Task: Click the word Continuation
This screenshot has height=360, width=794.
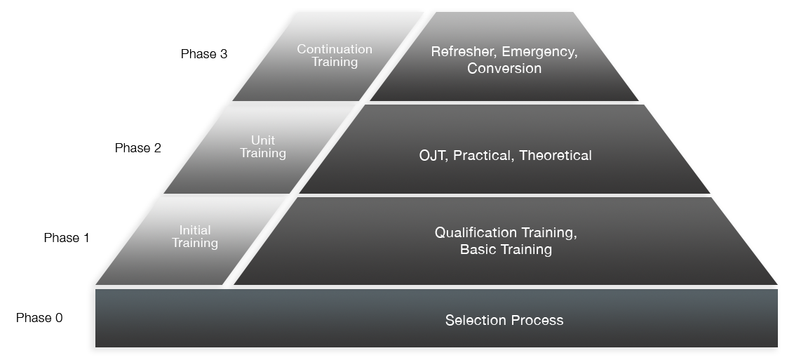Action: coord(335,49)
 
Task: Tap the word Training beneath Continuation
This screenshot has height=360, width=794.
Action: coord(335,62)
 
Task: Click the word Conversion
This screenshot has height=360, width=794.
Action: coord(504,69)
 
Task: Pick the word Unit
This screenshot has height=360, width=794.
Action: coord(263,140)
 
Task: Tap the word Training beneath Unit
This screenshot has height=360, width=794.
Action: coord(263,153)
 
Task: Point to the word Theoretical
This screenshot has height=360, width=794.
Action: coord(556,156)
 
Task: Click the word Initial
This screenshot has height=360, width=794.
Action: coord(195,230)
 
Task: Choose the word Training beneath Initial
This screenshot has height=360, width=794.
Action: coord(195,243)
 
